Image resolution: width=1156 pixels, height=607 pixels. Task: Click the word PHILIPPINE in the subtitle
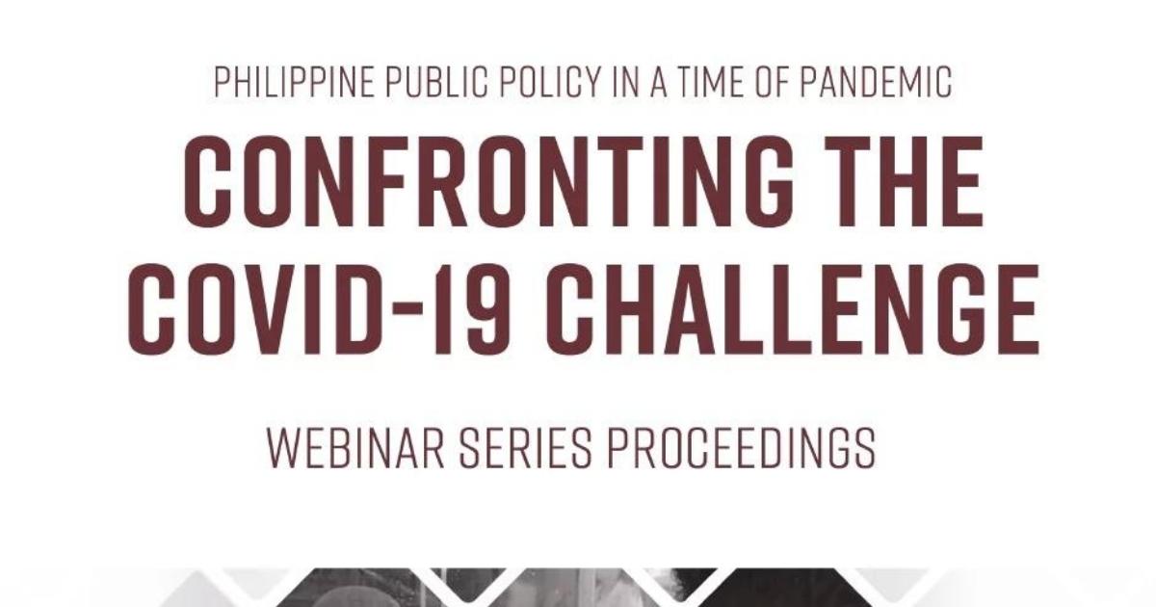(x=294, y=83)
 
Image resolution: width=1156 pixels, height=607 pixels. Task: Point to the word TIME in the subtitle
(x=711, y=83)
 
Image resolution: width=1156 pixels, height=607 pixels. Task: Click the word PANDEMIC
(x=876, y=83)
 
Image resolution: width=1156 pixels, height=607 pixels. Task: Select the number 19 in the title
(x=472, y=309)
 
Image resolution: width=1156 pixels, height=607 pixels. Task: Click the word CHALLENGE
(x=793, y=309)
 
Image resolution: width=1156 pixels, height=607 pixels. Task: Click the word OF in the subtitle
(x=772, y=83)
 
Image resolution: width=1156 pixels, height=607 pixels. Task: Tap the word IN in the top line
(x=626, y=83)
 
